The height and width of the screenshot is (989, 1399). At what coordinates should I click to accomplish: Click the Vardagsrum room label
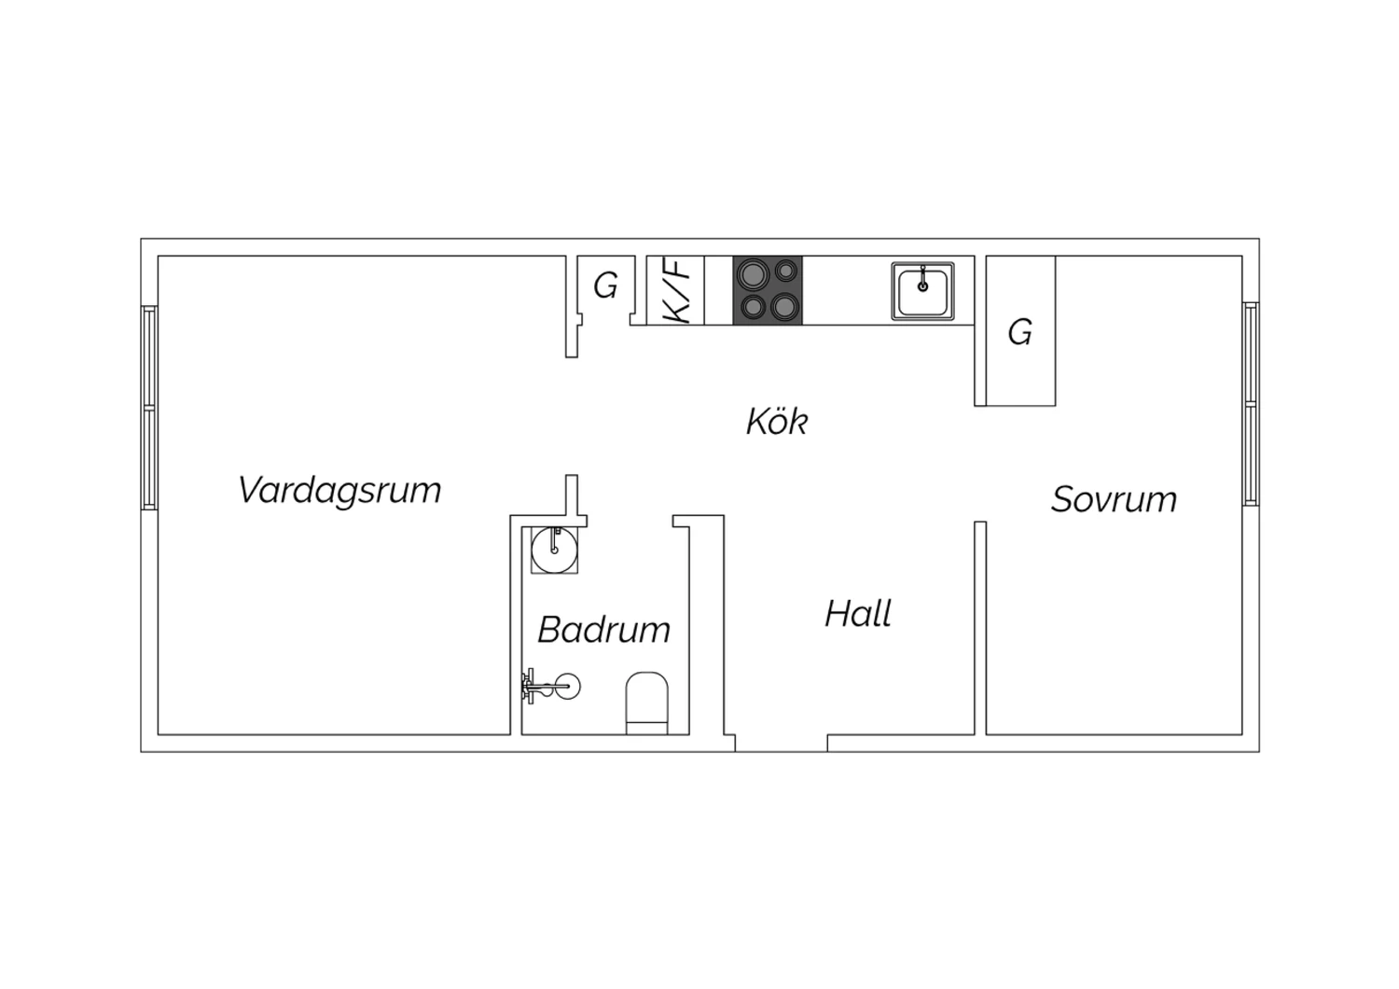[x=339, y=491]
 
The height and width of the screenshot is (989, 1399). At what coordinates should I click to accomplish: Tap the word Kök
[x=777, y=421]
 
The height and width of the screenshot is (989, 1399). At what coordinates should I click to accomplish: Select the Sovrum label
[x=1114, y=499]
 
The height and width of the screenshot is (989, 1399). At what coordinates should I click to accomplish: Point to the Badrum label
[x=604, y=629]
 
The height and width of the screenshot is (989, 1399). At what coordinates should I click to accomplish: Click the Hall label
[x=858, y=613]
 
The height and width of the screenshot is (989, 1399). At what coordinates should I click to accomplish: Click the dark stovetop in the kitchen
[x=768, y=290]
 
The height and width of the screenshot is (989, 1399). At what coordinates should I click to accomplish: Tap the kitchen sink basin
[x=922, y=291]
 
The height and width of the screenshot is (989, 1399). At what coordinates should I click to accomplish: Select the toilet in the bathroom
[x=646, y=703]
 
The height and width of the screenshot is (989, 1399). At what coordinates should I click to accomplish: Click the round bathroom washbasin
[x=554, y=550]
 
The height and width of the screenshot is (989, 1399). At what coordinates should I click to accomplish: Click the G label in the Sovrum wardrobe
[x=1020, y=332]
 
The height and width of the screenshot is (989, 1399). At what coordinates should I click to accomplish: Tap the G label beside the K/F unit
[x=605, y=286]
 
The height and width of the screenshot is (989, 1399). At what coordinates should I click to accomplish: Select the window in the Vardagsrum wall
[x=149, y=408]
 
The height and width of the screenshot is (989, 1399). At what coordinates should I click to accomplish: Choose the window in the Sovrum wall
[x=1251, y=404]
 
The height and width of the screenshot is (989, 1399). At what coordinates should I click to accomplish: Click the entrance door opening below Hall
[x=782, y=744]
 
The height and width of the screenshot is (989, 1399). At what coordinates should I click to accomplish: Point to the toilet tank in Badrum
[x=646, y=728]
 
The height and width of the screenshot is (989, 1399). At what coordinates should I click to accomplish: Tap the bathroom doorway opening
[x=630, y=521]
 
